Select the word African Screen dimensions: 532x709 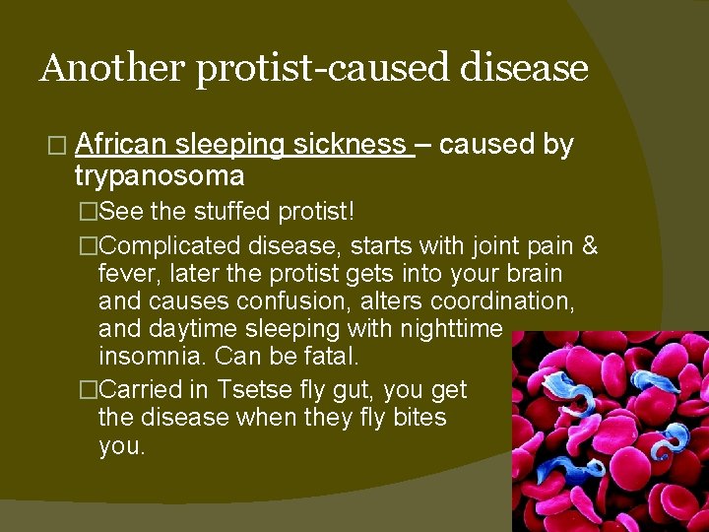click(120, 146)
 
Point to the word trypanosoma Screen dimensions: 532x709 click(160, 176)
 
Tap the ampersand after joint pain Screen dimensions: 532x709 click(589, 244)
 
